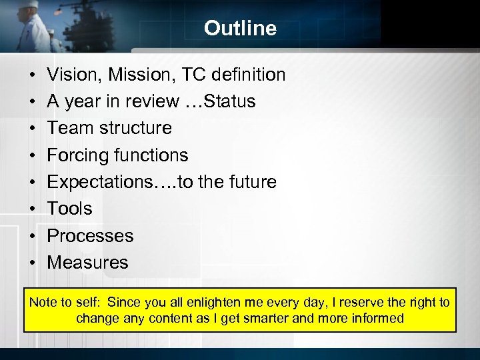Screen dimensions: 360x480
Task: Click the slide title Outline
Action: coord(240,28)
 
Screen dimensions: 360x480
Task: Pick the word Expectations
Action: coord(100,182)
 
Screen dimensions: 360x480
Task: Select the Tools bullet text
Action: coord(69,209)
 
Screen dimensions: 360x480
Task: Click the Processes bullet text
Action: coord(90,236)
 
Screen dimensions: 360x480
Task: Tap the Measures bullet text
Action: coord(87,263)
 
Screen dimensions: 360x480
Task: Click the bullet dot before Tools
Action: coord(32,209)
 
